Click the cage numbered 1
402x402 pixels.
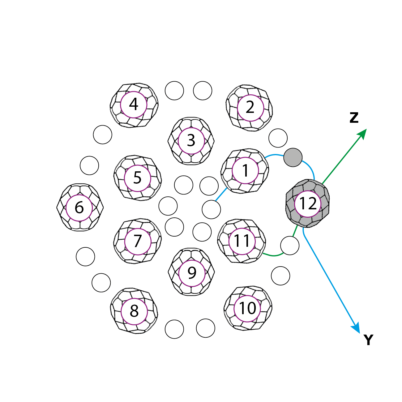coord(245,171)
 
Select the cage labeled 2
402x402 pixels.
coord(250,108)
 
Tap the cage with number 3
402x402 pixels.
coord(191,141)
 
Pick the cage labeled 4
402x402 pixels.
coord(134,105)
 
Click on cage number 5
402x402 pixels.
coord(137,178)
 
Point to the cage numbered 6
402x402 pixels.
coord(79,207)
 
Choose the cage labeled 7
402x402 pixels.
coord(138,241)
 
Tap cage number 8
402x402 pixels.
coord(134,311)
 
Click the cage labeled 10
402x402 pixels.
coord(248,308)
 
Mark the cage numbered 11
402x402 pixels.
coord(242,241)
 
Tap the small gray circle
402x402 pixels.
coord(293,157)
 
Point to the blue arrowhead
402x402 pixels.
coord(357,329)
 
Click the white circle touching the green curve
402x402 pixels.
coord(290,246)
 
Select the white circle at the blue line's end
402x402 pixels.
coord(211,209)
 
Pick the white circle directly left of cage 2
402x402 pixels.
coord(203,91)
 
